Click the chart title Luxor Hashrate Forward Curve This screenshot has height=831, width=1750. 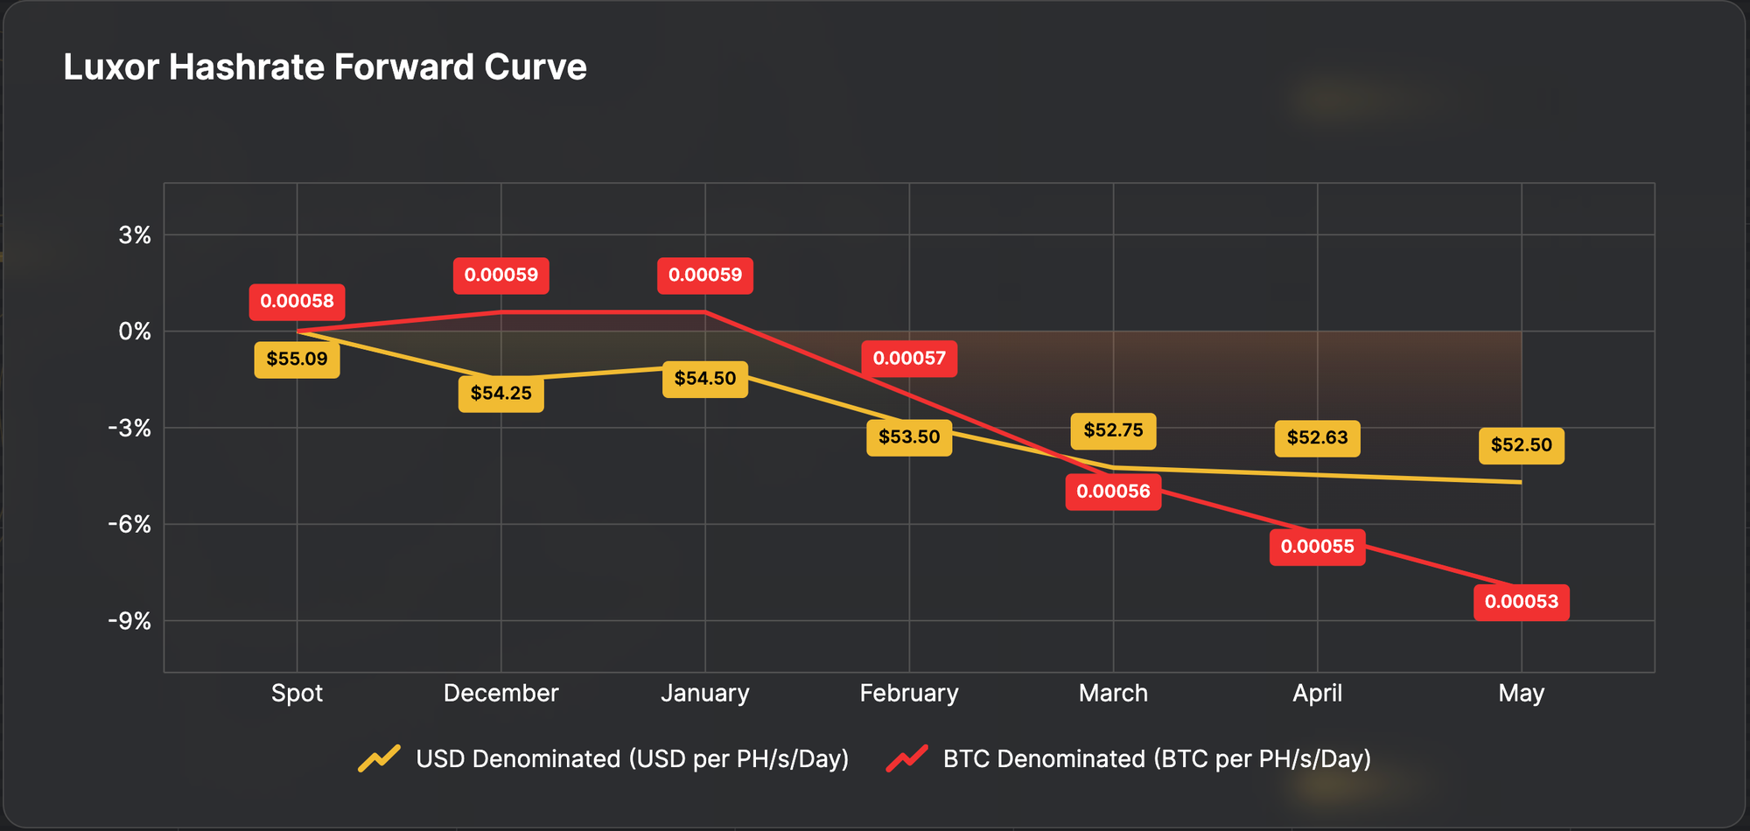(x=325, y=67)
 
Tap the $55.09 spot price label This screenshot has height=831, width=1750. (x=297, y=360)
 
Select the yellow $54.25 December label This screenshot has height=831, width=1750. (x=500, y=394)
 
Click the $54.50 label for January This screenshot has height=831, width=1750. (x=704, y=379)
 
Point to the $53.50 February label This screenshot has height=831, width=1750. (x=909, y=436)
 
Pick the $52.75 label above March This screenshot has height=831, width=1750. (x=1113, y=430)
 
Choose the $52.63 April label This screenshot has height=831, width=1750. (x=1317, y=437)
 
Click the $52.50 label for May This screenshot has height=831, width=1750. (x=1521, y=445)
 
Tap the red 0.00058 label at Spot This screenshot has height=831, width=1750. (x=297, y=302)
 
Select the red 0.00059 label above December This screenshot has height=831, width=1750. (x=500, y=275)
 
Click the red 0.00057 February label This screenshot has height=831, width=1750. (x=909, y=359)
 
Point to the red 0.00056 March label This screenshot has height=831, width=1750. (x=1113, y=492)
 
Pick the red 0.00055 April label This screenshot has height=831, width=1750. (x=1317, y=547)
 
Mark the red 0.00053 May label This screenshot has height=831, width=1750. (x=1521, y=602)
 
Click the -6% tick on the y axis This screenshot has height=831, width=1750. (x=129, y=525)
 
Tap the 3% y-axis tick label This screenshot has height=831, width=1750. (x=135, y=235)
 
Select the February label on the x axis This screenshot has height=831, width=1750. (x=909, y=694)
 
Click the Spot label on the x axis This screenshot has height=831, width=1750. (x=297, y=694)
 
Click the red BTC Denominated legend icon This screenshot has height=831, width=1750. (x=907, y=758)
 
